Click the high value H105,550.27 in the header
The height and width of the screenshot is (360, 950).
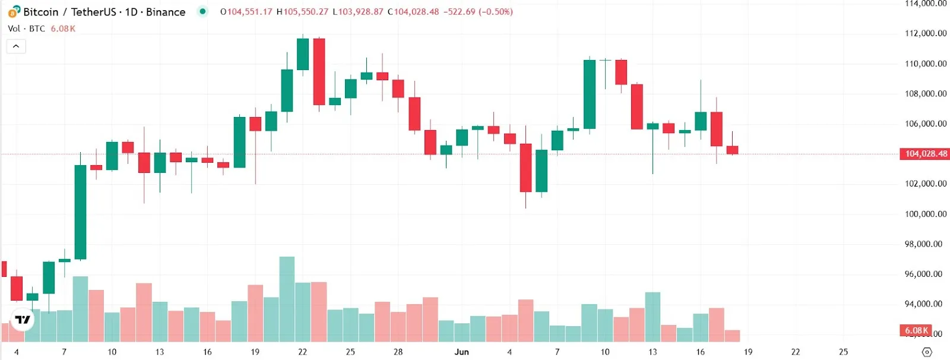tap(302, 12)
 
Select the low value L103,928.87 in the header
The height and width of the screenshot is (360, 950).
tap(358, 12)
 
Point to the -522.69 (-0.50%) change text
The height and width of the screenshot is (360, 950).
tap(478, 12)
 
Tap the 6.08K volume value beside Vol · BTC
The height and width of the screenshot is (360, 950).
tap(63, 29)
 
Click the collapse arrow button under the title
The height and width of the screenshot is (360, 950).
tap(16, 46)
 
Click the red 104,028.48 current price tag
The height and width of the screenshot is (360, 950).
tap(926, 154)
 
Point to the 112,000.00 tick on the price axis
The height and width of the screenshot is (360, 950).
tap(925, 33)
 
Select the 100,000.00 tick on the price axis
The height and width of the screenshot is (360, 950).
tap(925, 214)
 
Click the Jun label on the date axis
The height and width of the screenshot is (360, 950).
tap(461, 352)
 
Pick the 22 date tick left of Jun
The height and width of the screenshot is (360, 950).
tap(302, 352)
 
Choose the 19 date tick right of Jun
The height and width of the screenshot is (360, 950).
tap(748, 352)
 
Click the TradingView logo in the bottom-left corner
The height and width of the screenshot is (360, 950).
tap(23, 320)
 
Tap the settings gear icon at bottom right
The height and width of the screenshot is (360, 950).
tap(927, 352)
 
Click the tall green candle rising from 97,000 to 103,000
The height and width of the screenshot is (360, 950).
tap(80, 211)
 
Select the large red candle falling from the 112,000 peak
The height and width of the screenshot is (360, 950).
tap(319, 71)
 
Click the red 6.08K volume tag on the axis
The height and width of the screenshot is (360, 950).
tap(917, 330)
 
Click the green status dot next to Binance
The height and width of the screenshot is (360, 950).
tap(202, 11)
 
